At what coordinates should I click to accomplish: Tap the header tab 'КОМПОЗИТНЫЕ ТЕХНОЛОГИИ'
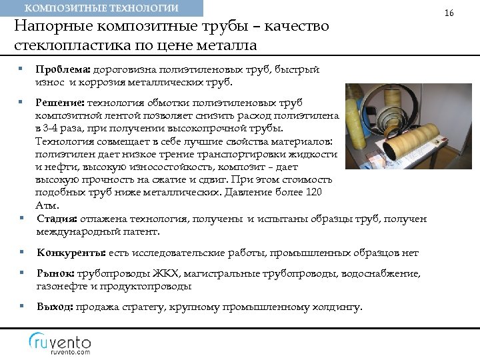coord(101,8)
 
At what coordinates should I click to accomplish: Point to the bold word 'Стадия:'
coord(57,219)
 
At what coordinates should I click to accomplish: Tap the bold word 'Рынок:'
coord(56,273)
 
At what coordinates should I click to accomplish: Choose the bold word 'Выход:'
coord(55,307)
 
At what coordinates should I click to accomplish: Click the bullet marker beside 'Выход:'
coord(22,307)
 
